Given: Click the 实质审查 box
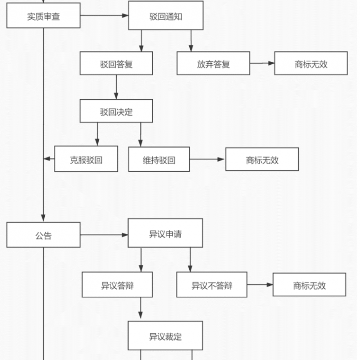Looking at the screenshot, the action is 43,15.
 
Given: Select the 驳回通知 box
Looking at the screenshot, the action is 166,15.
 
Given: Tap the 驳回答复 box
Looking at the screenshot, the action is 116,63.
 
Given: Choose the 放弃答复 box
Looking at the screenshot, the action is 213,63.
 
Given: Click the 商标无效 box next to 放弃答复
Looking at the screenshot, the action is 311,63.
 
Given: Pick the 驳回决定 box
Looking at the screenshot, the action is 116,111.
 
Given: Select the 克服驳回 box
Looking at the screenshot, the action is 86,159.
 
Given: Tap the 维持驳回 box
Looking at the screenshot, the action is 159,159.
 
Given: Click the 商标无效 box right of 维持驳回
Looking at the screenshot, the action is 262,159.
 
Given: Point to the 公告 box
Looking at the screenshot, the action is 43,235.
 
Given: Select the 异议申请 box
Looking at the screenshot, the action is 165,233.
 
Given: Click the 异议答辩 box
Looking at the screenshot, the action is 117,285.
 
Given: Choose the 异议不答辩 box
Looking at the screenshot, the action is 212,285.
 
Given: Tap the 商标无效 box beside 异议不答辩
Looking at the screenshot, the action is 309,285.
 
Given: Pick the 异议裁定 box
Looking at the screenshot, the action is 165,336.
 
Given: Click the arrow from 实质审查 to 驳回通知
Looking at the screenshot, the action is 104,15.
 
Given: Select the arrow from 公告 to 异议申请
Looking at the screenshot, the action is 104,235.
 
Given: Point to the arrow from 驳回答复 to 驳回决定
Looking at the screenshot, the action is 116,87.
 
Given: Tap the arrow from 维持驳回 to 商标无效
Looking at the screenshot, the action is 207,159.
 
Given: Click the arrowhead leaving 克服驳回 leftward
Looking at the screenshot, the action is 47,158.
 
